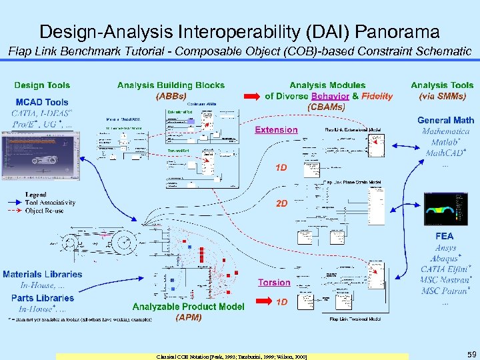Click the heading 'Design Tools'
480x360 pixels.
tap(42, 85)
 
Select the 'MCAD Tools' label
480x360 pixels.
tap(42, 102)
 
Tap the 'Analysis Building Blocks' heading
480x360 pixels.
tap(171, 85)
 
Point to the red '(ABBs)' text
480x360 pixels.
tap(171, 95)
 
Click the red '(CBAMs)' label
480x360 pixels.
tap(327, 106)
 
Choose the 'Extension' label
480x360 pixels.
tap(276, 130)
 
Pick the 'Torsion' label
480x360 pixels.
tap(274, 283)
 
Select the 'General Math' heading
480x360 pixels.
tap(445, 120)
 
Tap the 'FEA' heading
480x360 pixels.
tap(444, 236)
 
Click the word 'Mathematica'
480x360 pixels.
tap(445, 131)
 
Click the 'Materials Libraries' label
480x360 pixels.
tap(43, 274)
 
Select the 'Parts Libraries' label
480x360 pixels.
tap(43, 298)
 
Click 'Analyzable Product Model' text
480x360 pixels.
tap(188, 307)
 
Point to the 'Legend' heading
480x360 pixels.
tap(36, 195)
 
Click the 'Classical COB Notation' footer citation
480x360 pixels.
tap(232, 357)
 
